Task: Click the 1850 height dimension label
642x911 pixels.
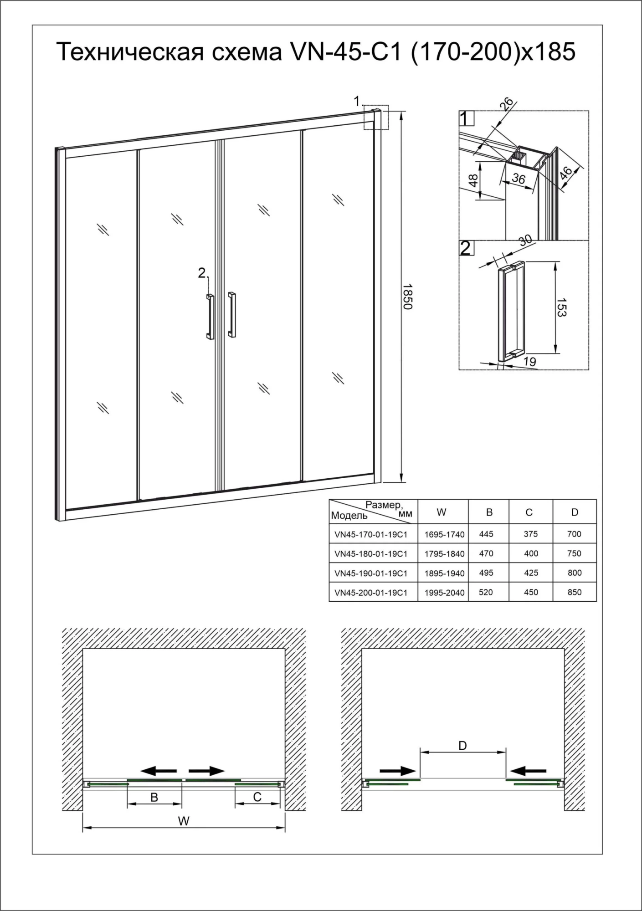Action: click(407, 297)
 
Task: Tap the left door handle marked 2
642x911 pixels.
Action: click(210, 317)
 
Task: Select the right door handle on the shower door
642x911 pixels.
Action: click(232, 314)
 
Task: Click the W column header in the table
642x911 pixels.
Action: click(441, 512)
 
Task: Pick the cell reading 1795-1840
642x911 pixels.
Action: click(444, 554)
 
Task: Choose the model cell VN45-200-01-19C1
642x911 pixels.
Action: click(370, 593)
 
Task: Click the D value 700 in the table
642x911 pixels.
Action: click(574, 534)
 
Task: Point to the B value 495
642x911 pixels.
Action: click(486, 573)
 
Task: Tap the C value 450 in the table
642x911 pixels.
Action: click(531, 592)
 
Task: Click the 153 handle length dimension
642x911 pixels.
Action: click(561, 307)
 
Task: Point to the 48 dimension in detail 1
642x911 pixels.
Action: click(473, 180)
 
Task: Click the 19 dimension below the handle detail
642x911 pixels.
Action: click(529, 362)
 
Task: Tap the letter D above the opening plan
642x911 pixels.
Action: click(462, 746)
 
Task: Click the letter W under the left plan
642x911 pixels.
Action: click(184, 821)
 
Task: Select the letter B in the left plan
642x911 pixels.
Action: click(154, 797)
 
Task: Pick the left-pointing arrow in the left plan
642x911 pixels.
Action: click(158, 770)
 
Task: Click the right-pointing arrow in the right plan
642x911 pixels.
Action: click(397, 770)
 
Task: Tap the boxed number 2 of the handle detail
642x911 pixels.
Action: click(466, 248)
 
